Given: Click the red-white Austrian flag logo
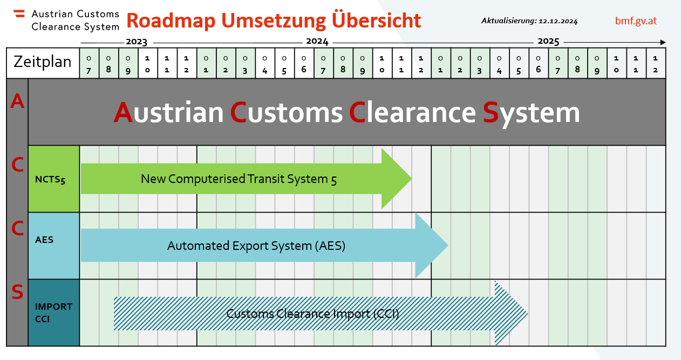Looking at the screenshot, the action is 19,13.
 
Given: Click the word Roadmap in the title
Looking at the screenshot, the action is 171,21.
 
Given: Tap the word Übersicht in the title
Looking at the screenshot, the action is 376,19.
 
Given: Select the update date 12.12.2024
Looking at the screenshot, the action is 558,21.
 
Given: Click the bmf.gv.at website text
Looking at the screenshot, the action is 636,21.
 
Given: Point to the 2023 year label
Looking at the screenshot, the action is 137,42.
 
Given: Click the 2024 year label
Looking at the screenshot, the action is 317,42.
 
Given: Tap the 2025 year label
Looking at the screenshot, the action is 548,42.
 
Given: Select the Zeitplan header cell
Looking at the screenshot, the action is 43,63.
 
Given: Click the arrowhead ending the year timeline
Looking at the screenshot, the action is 663,42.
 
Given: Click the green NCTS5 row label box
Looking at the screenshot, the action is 54,179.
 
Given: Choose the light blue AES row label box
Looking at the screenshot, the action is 54,246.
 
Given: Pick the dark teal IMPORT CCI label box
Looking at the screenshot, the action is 54,313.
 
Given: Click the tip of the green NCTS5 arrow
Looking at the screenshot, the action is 412,179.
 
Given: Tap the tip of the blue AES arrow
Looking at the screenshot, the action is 448,245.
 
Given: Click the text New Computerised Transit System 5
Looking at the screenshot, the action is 239,179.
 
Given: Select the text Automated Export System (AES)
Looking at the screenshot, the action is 256,246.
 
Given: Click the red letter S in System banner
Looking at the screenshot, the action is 491,112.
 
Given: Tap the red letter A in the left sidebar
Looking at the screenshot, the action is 17,101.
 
